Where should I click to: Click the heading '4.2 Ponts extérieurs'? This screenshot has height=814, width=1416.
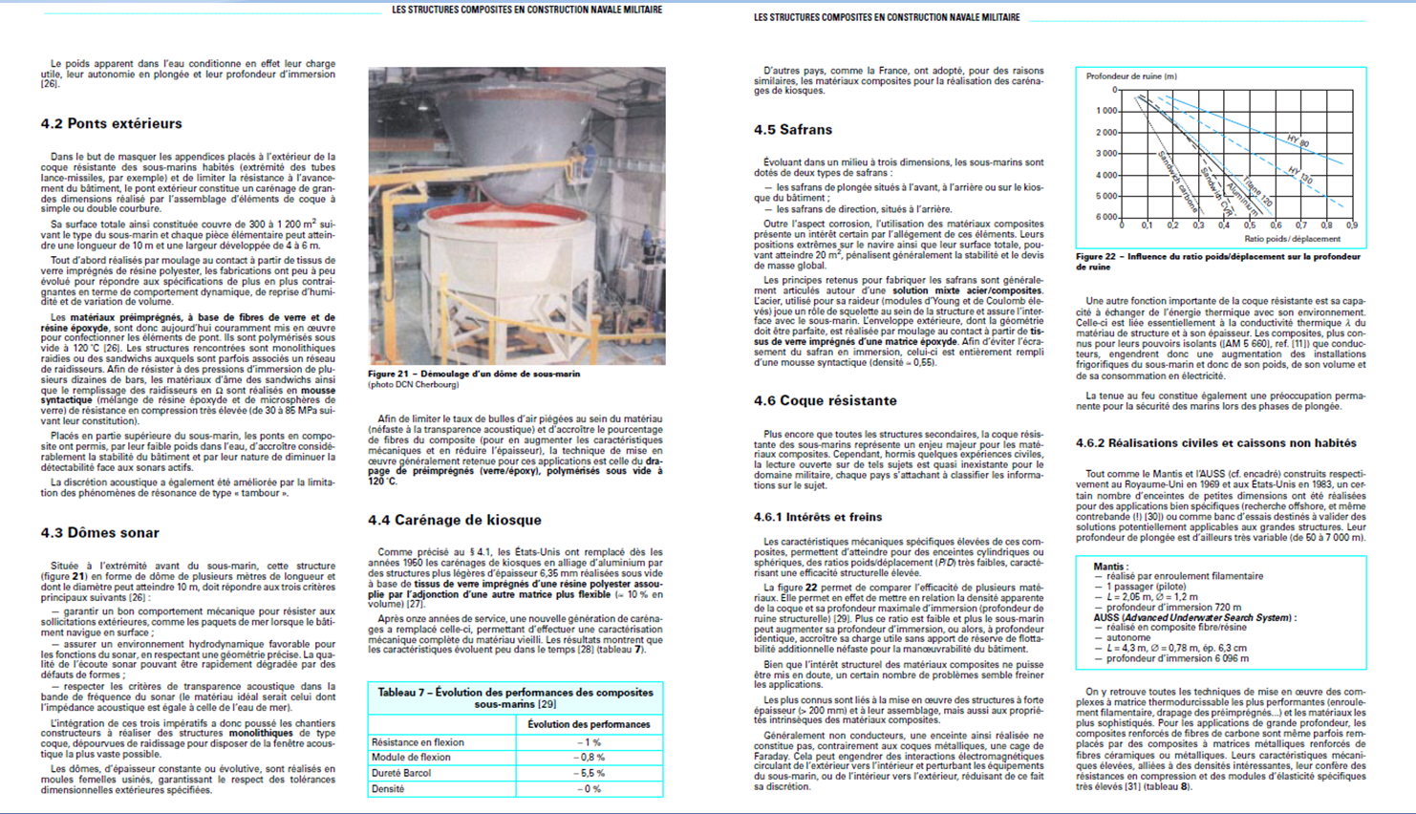point(111,123)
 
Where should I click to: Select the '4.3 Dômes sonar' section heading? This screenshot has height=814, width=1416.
point(99,532)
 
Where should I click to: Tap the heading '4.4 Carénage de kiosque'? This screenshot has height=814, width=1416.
point(455,520)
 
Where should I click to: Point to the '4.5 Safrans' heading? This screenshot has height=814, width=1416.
point(792,130)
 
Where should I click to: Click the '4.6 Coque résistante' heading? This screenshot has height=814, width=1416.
point(825,400)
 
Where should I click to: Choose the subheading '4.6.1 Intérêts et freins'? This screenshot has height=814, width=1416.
point(818,517)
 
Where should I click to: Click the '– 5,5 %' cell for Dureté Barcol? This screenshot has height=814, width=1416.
point(589,773)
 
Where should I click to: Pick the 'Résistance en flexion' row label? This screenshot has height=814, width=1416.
point(418,742)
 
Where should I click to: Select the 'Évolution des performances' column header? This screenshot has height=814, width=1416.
point(589,724)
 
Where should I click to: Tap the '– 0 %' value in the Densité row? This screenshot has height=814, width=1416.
point(589,789)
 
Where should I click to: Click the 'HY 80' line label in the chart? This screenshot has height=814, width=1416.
point(1298,140)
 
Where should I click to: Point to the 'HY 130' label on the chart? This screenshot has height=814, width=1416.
point(1299,176)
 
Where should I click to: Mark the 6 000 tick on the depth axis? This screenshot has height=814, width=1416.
point(1105,217)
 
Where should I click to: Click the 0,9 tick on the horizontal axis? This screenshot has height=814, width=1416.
point(1351,226)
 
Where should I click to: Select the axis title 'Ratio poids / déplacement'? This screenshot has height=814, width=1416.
point(1292,239)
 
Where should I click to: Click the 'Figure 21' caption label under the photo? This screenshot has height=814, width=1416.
point(388,375)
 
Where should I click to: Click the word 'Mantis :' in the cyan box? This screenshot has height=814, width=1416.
point(1110,567)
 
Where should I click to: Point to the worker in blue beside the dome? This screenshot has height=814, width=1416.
point(590,156)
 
